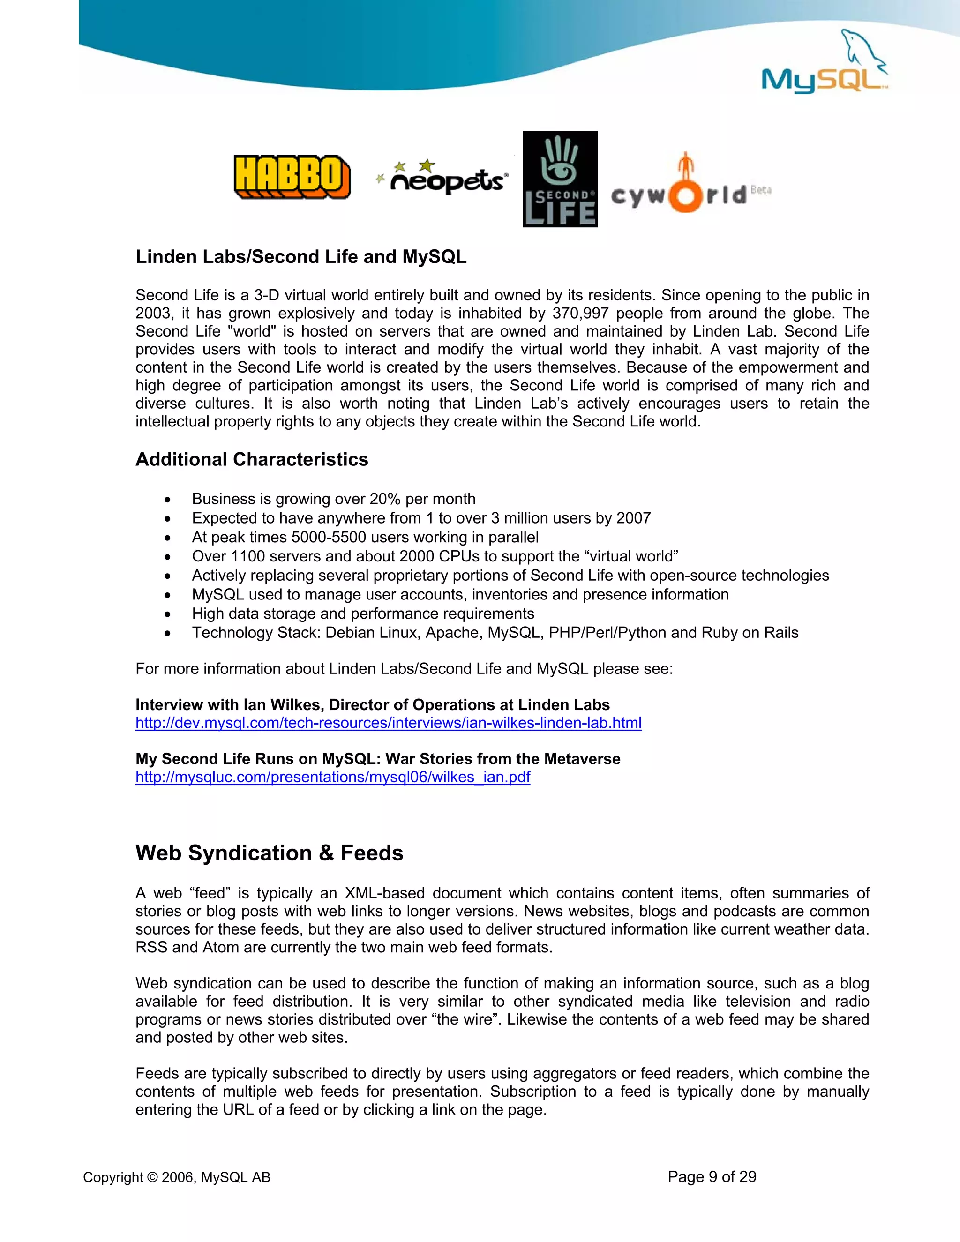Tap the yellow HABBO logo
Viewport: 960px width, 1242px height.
292,177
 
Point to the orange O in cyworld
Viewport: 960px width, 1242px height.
685,196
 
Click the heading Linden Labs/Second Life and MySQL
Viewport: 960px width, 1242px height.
300,257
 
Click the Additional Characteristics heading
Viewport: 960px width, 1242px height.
251,459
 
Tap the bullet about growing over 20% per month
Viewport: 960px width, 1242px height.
333,499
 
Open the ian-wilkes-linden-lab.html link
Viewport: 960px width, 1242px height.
389,723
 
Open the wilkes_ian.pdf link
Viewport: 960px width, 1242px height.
333,778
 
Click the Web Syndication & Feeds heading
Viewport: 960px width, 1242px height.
269,853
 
